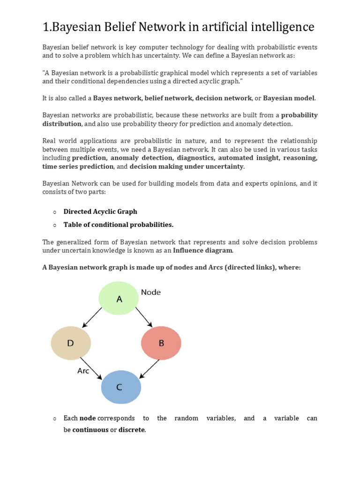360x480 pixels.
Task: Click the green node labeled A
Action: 119,299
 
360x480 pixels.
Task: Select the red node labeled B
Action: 161,343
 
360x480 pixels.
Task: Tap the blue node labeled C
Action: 121,387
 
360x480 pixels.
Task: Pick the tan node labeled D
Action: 71,343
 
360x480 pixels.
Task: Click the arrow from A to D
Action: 92,318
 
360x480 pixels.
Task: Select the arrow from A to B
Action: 144,317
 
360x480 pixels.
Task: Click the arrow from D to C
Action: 91,368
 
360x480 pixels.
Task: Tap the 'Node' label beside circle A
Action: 150,292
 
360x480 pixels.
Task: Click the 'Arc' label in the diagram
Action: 83,371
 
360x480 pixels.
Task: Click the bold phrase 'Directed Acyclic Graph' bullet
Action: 100,211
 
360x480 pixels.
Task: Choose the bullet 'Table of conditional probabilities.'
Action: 119,225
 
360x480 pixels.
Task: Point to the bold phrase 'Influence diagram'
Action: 202,250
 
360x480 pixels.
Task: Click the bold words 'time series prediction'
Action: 78,166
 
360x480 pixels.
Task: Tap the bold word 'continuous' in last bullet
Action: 90,429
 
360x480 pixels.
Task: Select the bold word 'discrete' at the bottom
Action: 132,429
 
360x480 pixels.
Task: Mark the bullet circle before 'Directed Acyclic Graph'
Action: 55,212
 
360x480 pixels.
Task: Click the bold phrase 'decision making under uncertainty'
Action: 187,166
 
